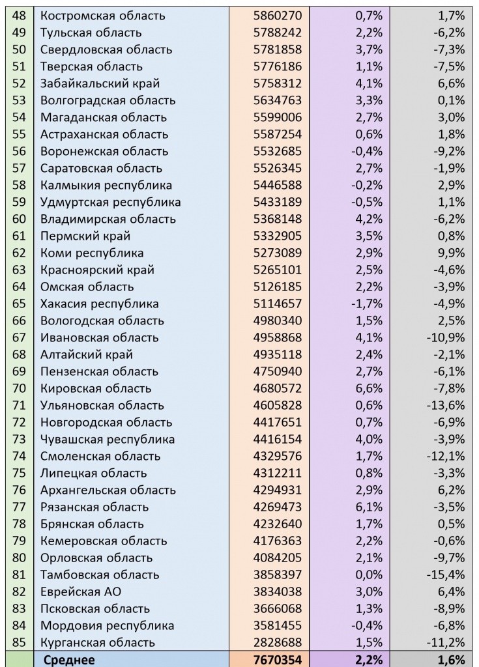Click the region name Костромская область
[103, 16]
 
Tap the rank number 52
[20, 83]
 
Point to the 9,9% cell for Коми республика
[450, 253]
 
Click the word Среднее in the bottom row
[69, 660]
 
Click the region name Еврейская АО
[81, 591]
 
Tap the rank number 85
[20, 642]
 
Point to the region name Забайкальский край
[100, 83]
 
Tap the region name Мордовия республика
[108, 625]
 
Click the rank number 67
[20, 337]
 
